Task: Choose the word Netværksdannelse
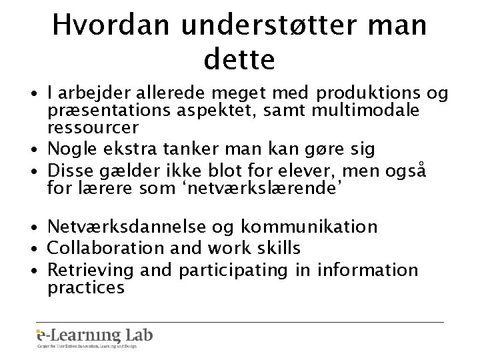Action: point(132,227)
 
